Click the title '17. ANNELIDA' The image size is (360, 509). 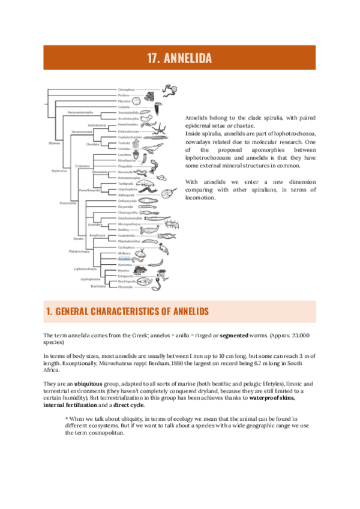[179, 58]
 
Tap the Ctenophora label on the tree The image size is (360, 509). [126, 89]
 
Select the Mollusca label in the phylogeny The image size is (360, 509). [124, 253]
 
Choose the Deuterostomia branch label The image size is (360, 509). [81, 130]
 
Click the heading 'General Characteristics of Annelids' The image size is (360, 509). [127, 312]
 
